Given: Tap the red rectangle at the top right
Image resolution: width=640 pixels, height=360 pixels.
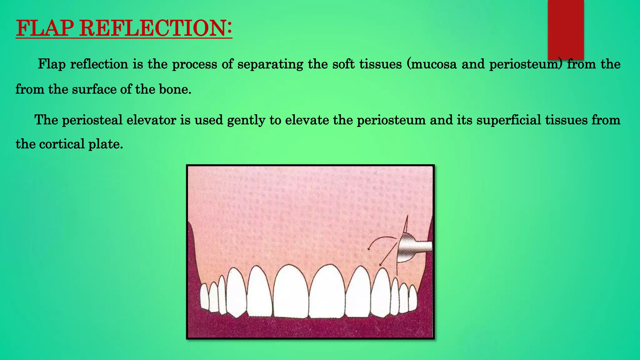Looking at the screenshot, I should pyautogui.click(x=566, y=30).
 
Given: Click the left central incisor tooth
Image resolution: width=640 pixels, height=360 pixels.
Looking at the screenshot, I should pyautogui.click(x=291, y=292).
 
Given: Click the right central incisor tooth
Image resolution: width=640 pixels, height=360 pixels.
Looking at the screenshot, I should pyautogui.click(x=327, y=292).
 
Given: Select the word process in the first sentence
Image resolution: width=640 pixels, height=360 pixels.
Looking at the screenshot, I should pyautogui.click(x=194, y=64).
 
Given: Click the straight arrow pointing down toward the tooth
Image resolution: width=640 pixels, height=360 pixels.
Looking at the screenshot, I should pyautogui.click(x=387, y=255).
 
